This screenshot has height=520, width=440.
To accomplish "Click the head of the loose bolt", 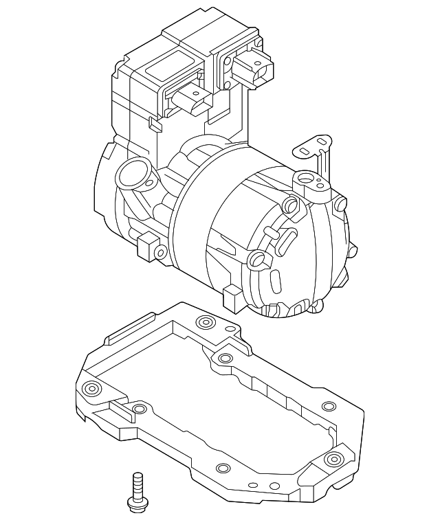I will click(137, 505).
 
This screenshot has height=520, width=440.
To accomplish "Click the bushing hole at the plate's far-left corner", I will click(90, 389).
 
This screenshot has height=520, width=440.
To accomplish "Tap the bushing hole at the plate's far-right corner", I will click(333, 458).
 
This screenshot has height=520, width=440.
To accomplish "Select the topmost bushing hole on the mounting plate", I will click(203, 322).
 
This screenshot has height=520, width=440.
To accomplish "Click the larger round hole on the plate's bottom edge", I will click(221, 468).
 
